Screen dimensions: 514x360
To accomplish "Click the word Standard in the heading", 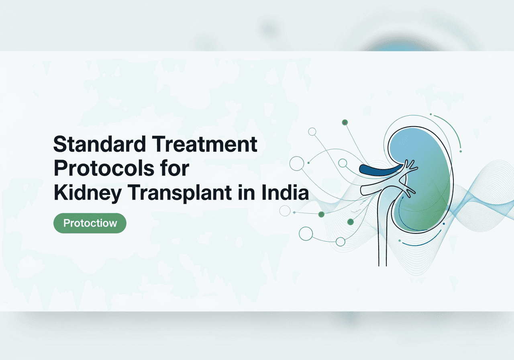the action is [100, 144].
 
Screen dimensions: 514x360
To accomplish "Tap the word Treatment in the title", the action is [204, 144].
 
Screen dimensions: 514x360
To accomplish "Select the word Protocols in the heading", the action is [104, 168].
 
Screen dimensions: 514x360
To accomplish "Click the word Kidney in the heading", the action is [88, 193].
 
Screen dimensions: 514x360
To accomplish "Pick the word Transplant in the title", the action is [179, 193].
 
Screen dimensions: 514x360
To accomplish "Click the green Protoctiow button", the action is [90, 223].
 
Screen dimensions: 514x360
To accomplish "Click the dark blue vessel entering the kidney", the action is [380, 170].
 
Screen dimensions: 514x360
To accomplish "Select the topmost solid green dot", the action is [345, 122].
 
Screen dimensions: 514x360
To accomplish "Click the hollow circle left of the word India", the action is [297, 164].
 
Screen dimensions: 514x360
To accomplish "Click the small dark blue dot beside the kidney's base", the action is [444, 224].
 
